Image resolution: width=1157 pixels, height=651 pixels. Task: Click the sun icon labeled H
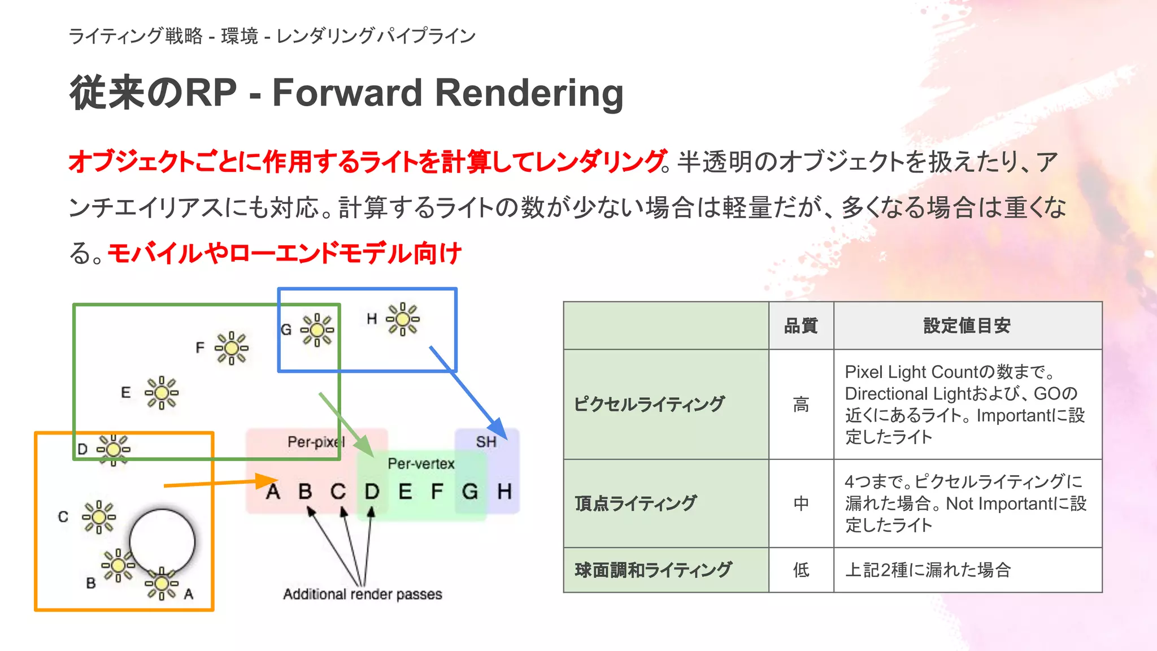click(x=403, y=319)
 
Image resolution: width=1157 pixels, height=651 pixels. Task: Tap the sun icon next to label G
click(x=317, y=329)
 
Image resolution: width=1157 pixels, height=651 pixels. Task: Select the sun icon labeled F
click(x=232, y=348)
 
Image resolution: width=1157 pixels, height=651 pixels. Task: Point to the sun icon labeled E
click(x=162, y=392)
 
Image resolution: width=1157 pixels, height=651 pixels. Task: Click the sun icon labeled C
click(x=99, y=517)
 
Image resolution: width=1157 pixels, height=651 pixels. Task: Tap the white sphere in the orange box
click(x=162, y=541)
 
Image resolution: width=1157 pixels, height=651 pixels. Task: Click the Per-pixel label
click(x=316, y=442)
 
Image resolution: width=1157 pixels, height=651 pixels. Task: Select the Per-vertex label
click(x=421, y=464)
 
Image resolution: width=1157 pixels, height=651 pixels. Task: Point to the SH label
click(x=486, y=442)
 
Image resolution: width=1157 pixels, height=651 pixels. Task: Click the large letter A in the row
click(x=273, y=492)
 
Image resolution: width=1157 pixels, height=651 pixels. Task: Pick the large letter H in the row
click(x=504, y=492)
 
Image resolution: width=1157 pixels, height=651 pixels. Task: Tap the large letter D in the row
click(x=372, y=492)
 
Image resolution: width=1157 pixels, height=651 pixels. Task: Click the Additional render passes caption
click(x=363, y=594)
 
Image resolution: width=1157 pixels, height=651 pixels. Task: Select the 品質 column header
click(x=801, y=326)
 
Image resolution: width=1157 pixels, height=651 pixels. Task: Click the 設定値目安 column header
click(x=967, y=326)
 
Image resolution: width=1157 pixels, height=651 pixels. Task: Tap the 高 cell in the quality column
click(x=801, y=405)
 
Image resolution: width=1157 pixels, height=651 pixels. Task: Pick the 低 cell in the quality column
click(x=801, y=570)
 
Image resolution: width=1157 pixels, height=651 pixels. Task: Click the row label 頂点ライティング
click(x=636, y=504)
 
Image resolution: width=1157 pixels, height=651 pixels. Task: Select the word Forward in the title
click(x=347, y=93)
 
